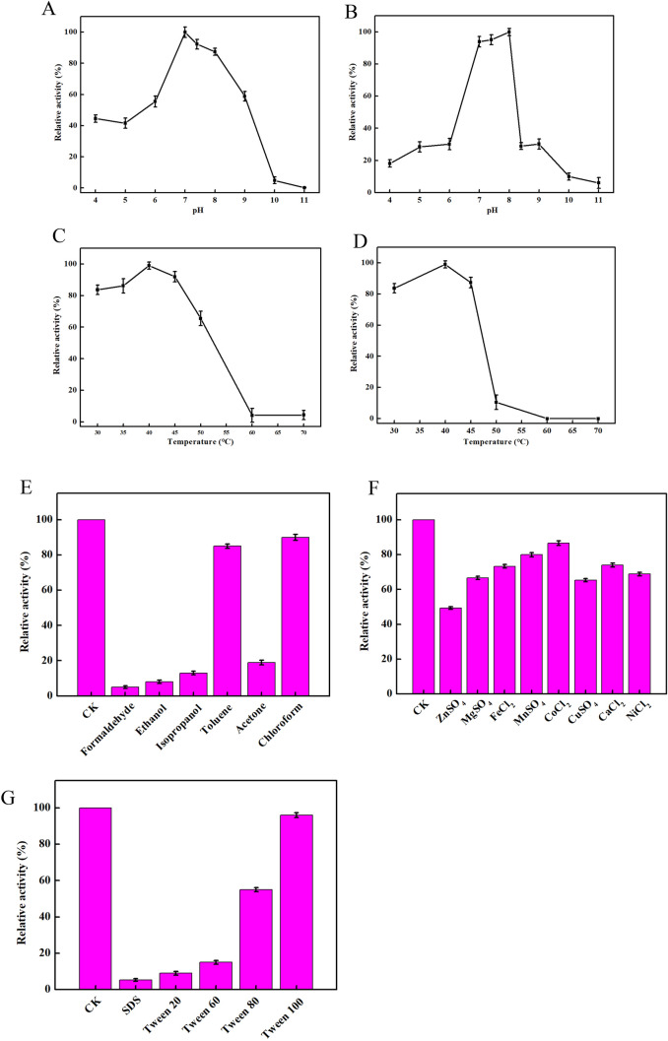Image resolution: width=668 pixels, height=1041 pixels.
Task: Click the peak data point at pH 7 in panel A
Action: (184, 33)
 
